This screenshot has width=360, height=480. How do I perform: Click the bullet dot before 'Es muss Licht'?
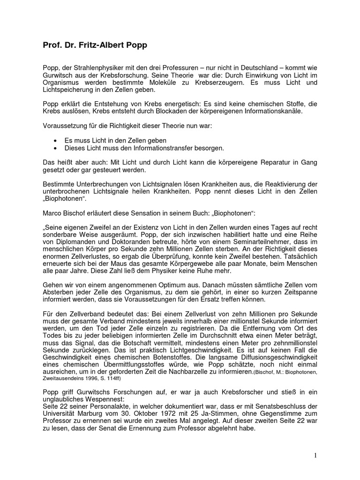pyautogui.click(x=56, y=141)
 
